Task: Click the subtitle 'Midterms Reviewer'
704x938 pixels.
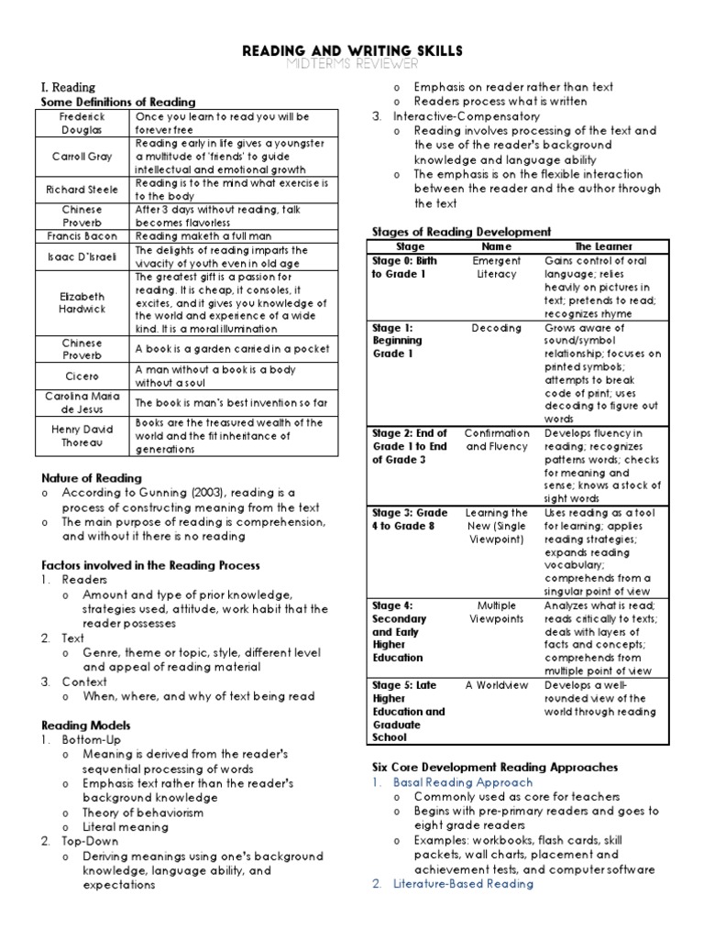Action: (351, 63)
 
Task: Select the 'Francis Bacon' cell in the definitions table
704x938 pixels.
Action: (82, 236)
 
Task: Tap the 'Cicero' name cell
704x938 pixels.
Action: (82, 375)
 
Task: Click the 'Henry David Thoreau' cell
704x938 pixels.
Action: (82, 436)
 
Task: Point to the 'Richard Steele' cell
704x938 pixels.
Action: (82, 190)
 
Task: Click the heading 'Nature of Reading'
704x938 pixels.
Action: (92, 477)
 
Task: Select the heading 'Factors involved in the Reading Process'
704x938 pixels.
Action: (150, 565)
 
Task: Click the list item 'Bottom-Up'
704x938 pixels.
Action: (91, 739)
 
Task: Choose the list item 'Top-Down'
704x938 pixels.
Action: (90, 841)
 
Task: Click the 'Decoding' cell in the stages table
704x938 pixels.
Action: (496, 327)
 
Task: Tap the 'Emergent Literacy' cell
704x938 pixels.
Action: (496, 267)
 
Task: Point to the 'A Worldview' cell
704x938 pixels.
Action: (496, 685)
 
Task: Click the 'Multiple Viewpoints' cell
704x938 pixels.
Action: (496, 612)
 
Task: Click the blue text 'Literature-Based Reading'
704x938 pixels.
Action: (463, 884)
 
